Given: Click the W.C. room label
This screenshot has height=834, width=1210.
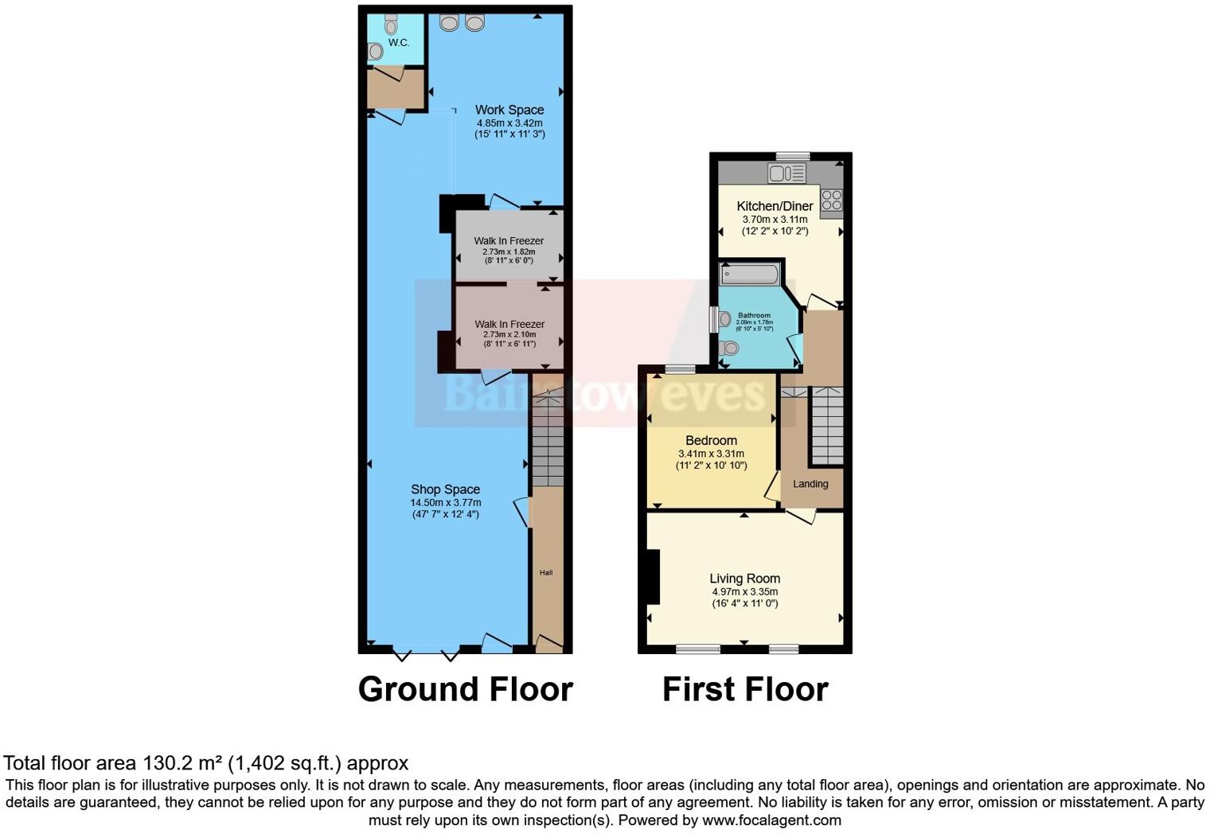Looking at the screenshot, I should (x=399, y=43).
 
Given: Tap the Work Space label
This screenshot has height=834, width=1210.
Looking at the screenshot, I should (x=509, y=110).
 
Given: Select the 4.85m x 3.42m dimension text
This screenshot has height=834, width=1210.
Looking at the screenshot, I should (x=509, y=123).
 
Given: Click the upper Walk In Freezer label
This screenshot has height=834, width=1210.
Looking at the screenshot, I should (x=509, y=240).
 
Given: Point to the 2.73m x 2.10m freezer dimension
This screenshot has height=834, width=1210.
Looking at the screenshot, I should (x=509, y=335).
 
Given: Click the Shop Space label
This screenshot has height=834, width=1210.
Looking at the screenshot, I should (x=445, y=489).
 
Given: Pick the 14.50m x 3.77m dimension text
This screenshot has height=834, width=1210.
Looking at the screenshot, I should (x=445, y=503).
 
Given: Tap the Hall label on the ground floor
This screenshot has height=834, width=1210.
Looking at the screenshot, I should (x=546, y=572).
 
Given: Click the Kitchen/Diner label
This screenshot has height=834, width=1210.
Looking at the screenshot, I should (x=775, y=206).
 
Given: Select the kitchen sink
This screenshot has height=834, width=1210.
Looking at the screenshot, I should (x=786, y=173).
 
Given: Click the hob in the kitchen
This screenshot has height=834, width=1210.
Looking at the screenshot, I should (x=831, y=200).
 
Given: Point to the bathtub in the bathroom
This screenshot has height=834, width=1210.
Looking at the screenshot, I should (x=749, y=275).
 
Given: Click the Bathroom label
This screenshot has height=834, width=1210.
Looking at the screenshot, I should (x=754, y=315).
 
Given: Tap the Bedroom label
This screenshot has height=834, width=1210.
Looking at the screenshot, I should (x=711, y=440).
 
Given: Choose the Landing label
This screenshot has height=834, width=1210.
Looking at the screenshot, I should (x=810, y=484).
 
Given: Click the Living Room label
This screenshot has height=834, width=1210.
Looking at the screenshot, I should (x=744, y=579).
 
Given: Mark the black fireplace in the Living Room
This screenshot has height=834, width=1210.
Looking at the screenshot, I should (x=653, y=577).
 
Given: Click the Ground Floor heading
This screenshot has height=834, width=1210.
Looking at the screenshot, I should (x=465, y=689).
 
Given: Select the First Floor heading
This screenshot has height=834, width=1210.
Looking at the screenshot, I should (x=745, y=689).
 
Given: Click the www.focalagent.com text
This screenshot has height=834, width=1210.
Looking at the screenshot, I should (x=771, y=820).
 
